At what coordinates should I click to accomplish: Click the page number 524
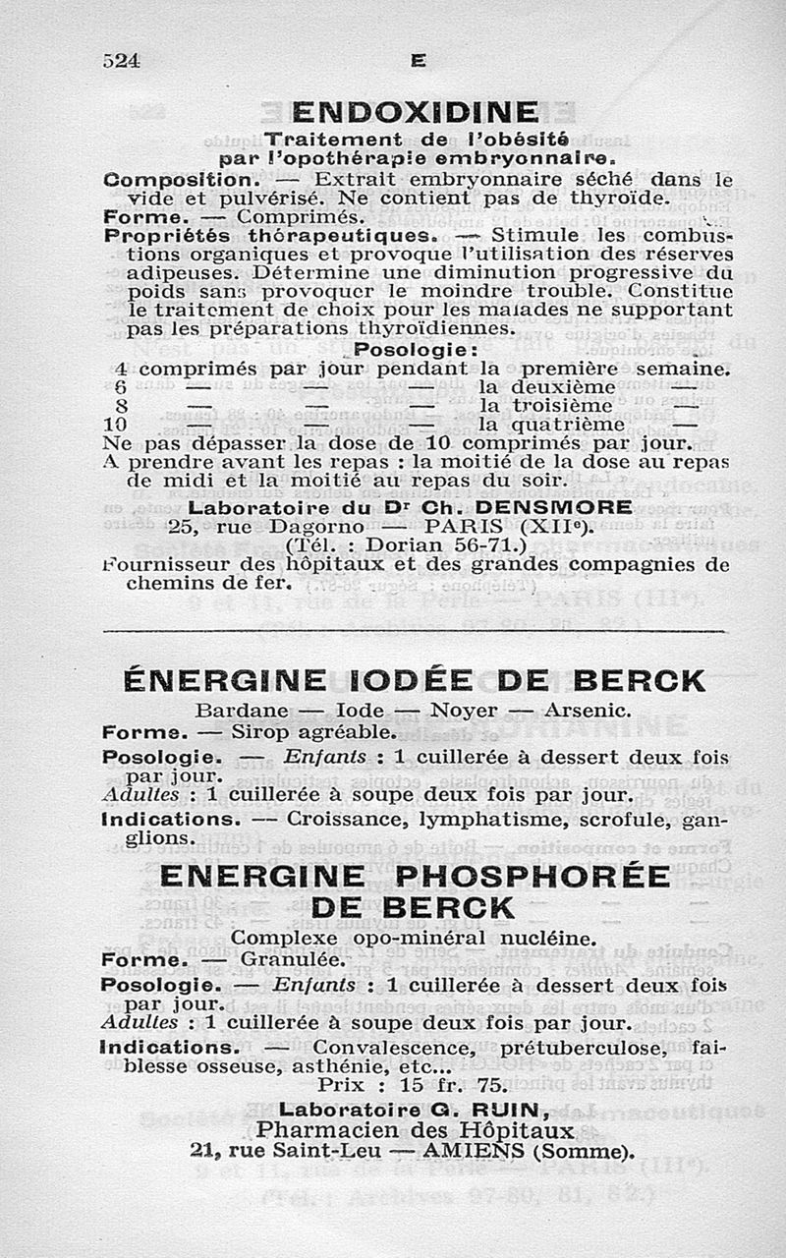(x=122, y=60)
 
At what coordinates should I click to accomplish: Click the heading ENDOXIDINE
(x=416, y=111)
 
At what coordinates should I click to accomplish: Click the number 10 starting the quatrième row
(x=115, y=425)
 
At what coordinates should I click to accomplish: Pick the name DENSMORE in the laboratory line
(x=554, y=507)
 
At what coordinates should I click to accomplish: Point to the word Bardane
(x=242, y=710)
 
